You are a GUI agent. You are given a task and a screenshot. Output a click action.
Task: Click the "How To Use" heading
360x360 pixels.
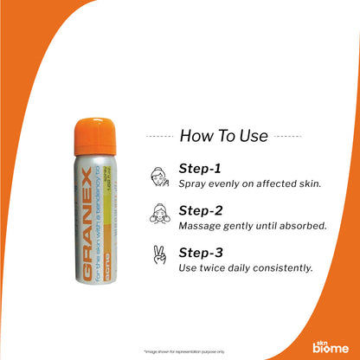[222, 136]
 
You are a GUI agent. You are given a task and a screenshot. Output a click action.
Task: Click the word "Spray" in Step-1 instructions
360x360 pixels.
[191, 183]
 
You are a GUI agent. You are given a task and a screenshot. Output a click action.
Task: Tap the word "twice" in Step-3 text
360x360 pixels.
[210, 268]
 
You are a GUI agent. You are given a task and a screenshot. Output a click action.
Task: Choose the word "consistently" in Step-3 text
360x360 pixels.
[282, 268]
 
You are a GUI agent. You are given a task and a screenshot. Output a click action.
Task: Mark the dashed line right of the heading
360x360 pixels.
[288, 136]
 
